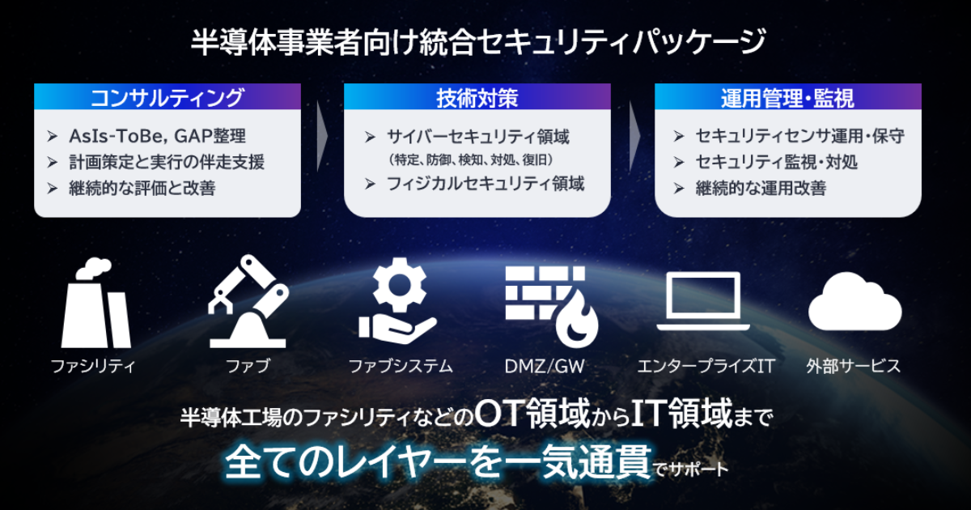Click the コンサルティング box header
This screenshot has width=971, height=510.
[x=167, y=99]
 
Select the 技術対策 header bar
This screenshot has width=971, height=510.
[x=477, y=99]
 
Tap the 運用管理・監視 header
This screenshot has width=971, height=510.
[x=787, y=99]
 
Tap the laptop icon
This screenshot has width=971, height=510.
[x=701, y=301]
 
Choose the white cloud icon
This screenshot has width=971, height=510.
[x=854, y=301]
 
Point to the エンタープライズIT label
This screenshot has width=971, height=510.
[x=704, y=367]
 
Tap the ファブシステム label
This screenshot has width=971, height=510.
[x=401, y=367]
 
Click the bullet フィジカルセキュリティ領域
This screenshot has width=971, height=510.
[x=485, y=184]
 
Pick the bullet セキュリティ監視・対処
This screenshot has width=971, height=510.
[x=776, y=162]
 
